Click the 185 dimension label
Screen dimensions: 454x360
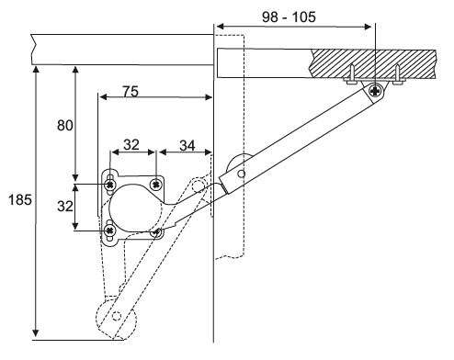click(x=20, y=200)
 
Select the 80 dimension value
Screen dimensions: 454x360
click(x=65, y=126)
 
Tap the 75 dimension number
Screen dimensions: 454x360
click(x=131, y=91)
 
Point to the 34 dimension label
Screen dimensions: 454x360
click(x=187, y=145)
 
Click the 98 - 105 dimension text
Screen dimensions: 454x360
click(x=289, y=17)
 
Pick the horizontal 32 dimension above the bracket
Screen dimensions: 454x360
click(x=131, y=144)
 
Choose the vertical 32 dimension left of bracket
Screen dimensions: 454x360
click(x=65, y=206)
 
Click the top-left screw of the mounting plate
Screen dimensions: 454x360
click(x=109, y=185)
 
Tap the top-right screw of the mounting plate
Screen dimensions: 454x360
click(x=156, y=185)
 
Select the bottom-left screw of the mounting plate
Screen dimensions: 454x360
click(x=109, y=230)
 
